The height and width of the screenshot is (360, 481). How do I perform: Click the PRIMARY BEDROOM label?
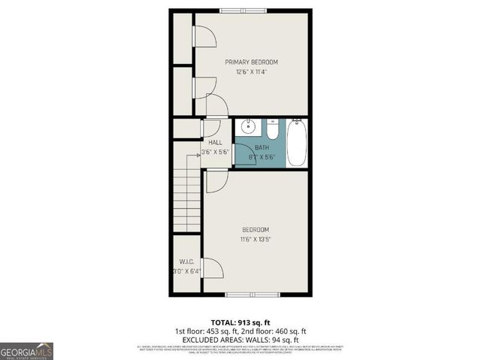[x=252, y=62]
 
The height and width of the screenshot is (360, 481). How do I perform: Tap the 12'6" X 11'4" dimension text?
[x=252, y=72]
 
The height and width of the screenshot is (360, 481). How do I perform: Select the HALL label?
[x=215, y=142]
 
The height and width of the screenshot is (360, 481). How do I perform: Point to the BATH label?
[x=262, y=147]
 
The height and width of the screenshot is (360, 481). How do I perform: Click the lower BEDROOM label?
[x=256, y=229]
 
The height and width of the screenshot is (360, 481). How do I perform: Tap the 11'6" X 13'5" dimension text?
[x=256, y=240]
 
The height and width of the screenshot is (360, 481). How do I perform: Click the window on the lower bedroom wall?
[x=246, y=293]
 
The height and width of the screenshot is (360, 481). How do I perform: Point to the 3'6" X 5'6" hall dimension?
[x=215, y=152]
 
